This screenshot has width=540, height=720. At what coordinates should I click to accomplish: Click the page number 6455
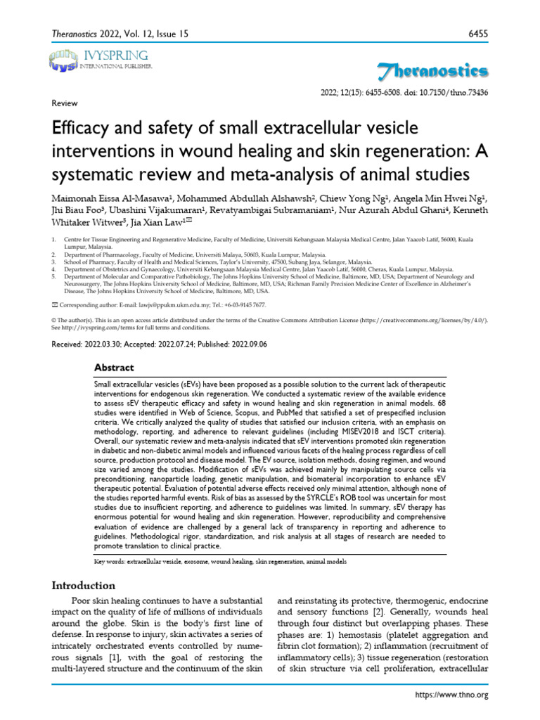[476, 34]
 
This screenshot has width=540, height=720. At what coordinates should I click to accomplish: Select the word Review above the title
[65, 103]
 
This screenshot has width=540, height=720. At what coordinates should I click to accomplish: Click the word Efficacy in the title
[85, 129]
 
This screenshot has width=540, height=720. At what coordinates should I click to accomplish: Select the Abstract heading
[114, 368]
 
